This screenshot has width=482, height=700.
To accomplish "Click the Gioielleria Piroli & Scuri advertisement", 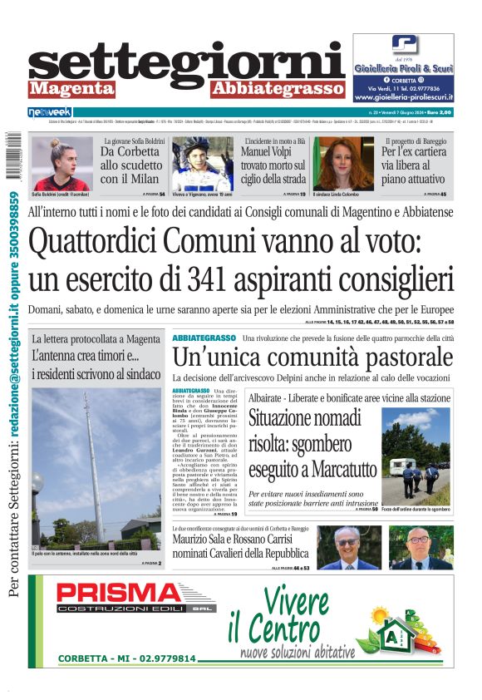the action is tap(403, 67).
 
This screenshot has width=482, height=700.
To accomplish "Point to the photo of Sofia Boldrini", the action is tap(61, 163).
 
